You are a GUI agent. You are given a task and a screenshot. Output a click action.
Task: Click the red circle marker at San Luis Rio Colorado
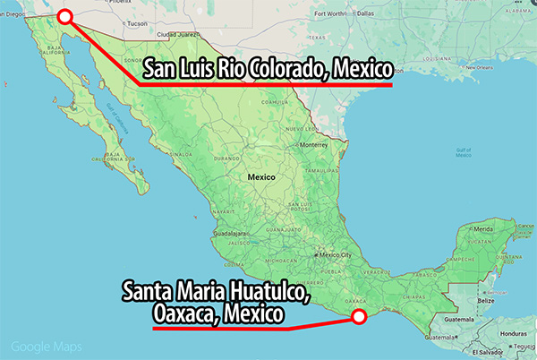[x=64, y=15]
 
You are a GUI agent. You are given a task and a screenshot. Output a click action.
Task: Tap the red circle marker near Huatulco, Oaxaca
[x=359, y=315]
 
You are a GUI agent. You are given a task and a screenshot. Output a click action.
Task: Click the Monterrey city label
[x=314, y=144]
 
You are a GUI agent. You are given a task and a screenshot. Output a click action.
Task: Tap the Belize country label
[x=484, y=300]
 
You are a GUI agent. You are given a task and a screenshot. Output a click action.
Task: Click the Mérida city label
[x=484, y=228]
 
